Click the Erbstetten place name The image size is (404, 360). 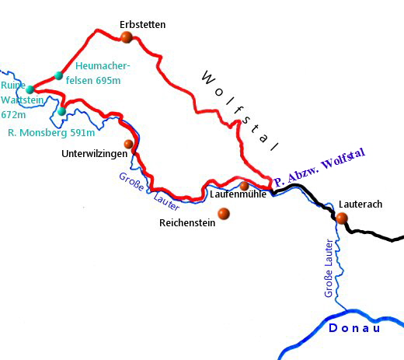143,24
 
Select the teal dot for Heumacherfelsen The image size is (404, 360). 59,75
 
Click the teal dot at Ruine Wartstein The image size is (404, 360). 30,89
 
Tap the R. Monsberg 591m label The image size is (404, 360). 47,133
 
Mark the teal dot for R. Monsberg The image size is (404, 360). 61,111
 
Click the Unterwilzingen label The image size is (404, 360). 93,154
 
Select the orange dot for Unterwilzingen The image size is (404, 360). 129,144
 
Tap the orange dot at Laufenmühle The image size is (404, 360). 245,186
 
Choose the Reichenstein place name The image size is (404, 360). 187,222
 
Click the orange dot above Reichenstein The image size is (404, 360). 224,213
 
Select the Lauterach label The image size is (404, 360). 360,204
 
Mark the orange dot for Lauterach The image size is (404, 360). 342,218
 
